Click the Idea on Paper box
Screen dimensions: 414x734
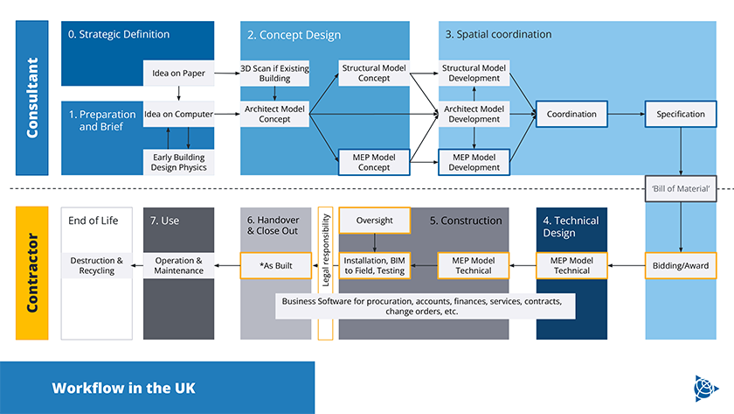pyautogui.click(x=179, y=73)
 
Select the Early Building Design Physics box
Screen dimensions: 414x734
pyautogui.click(x=179, y=162)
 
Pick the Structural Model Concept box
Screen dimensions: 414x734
pyautogui.click(x=374, y=73)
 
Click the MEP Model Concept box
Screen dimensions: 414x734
pyautogui.click(x=374, y=162)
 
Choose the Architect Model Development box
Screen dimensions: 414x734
pyautogui.click(x=474, y=114)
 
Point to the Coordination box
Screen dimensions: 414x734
pyautogui.click(x=571, y=114)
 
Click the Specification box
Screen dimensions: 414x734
pyautogui.click(x=681, y=114)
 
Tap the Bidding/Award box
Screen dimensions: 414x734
pyautogui.click(x=681, y=265)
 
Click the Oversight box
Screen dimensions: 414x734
pyautogui.click(x=374, y=221)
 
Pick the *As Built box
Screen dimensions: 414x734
pyautogui.click(x=275, y=265)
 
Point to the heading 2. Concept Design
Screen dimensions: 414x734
pyautogui.click(x=294, y=35)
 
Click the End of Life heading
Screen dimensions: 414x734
pyautogui.click(x=93, y=221)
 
